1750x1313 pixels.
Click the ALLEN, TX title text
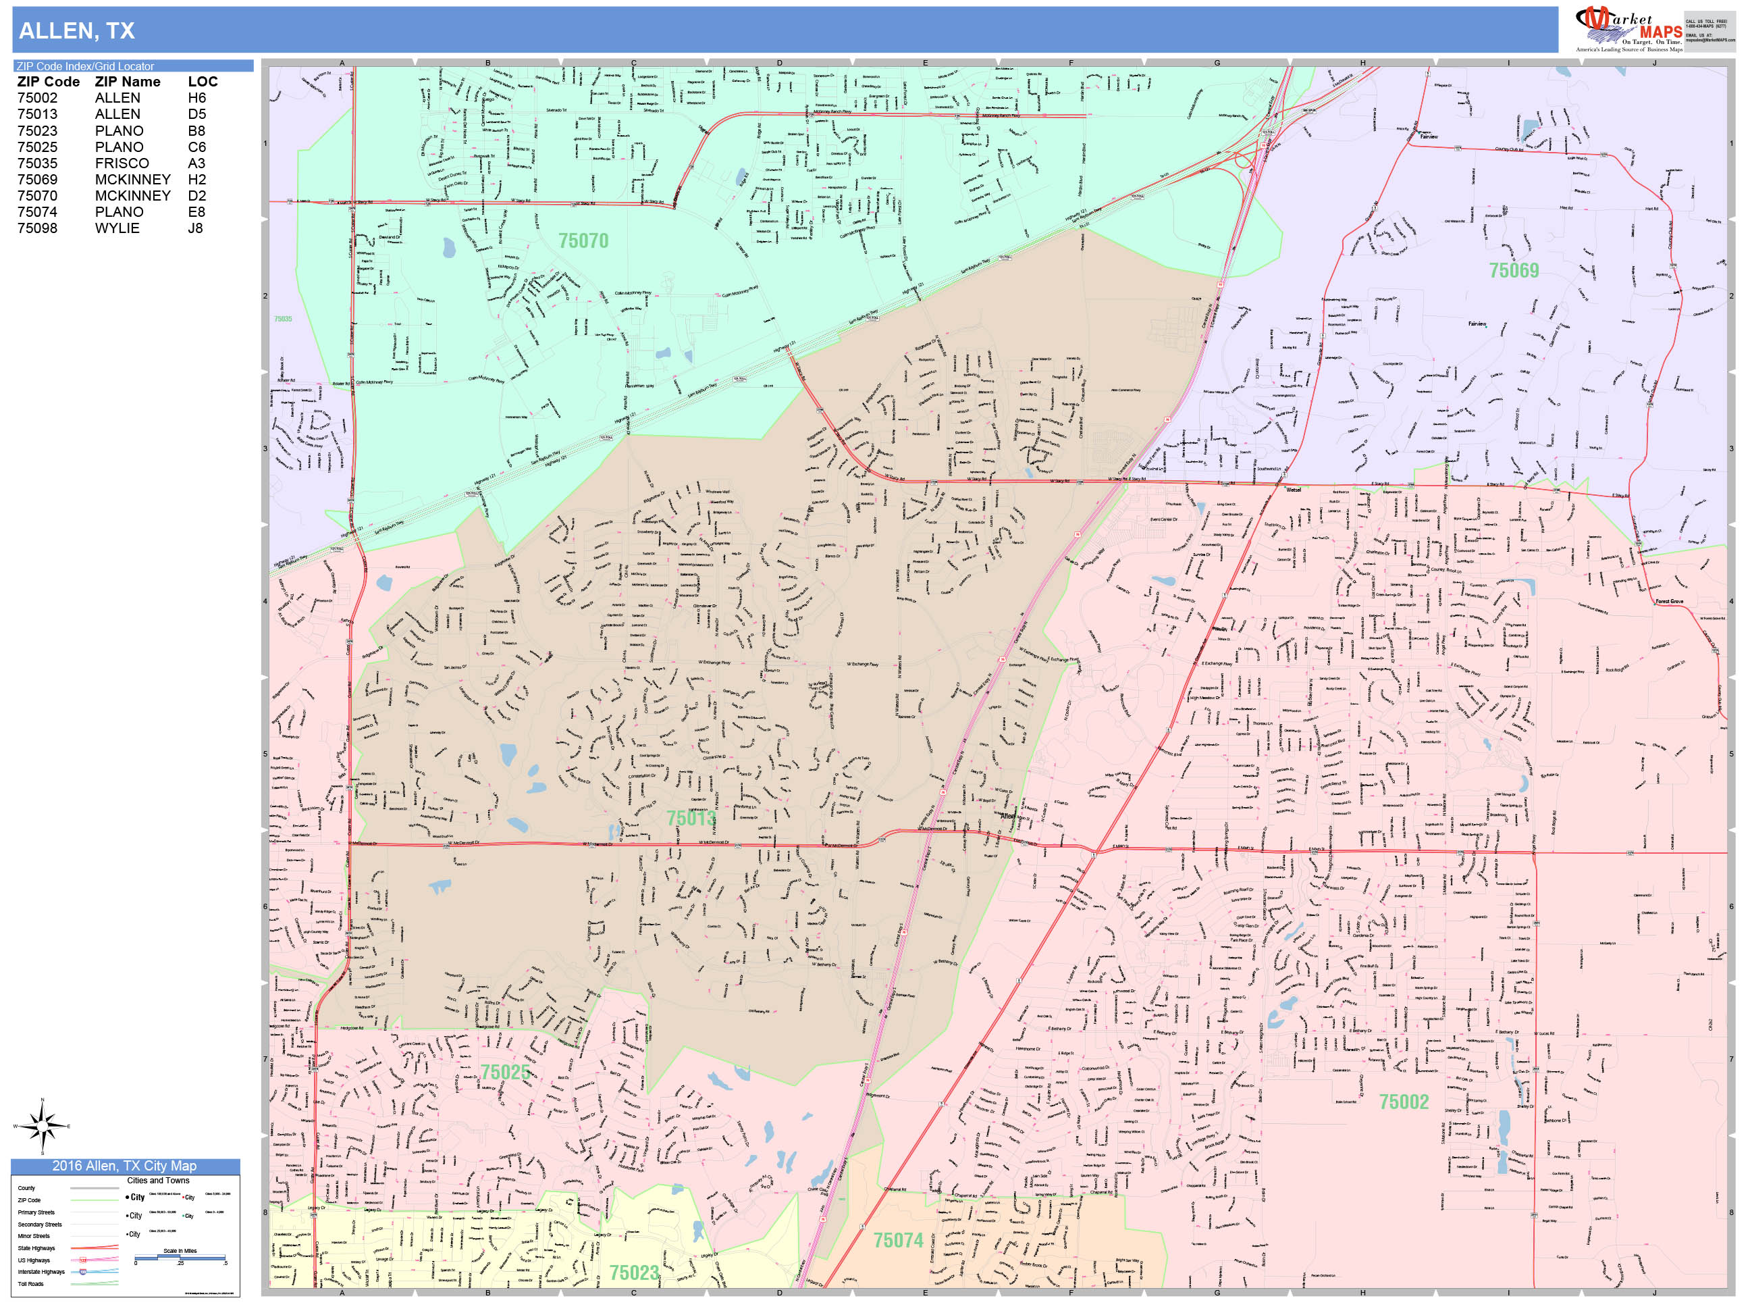point(77,31)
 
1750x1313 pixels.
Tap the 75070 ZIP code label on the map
point(583,240)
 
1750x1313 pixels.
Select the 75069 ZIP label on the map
point(1514,271)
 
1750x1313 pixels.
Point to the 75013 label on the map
point(691,817)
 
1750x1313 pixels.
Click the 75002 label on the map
point(1404,1102)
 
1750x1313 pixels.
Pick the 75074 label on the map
point(898,1240)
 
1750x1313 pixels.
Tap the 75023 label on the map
point(634,1272)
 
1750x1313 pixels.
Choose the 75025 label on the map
point(505,1073)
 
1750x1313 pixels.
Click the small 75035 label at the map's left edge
point(282,319)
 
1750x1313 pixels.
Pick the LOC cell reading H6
point(197,98)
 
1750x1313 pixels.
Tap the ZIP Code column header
point(48,82)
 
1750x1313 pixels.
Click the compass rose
point(43,1125)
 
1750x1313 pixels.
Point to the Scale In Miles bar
point(180,1257)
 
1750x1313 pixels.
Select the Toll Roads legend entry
point(31,1284)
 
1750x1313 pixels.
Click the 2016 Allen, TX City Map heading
point(124,1166)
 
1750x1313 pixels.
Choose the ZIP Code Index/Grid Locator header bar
point(132,66)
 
